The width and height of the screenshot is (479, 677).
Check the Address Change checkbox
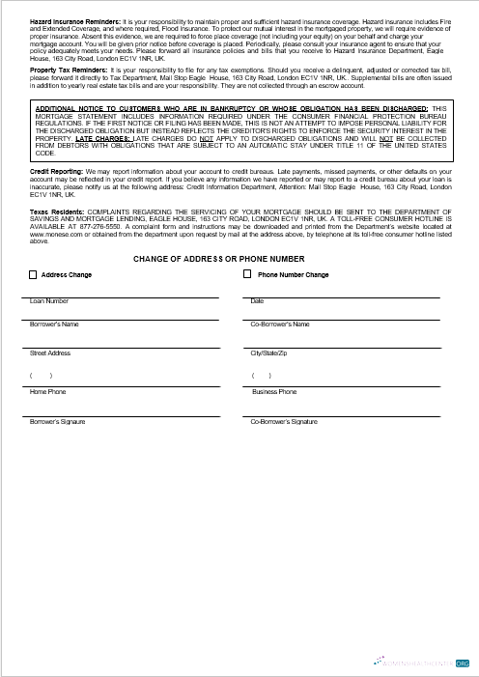click(x=33, y=274)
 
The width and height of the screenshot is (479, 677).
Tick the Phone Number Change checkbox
click(x=247, y=274)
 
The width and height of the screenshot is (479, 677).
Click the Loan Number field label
click(x=50, y=301)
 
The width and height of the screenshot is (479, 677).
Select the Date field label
click(x=257, y=301)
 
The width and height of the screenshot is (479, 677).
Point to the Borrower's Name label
click(x=54, y=324)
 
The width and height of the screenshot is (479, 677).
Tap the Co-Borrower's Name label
click(x=280, y=324)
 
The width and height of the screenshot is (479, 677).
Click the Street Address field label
click(x=50, y=353)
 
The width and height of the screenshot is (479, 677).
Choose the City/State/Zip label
click(x=269, y=353)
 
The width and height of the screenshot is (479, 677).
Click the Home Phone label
click(x=47, y=392)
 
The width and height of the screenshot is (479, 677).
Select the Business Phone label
click(x=274, y=392)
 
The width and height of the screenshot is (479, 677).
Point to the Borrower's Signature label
click(x=58, y=422)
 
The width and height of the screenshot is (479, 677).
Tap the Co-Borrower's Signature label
click(x=284, y=422)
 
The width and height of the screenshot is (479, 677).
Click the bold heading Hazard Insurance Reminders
click(x=75, y=20)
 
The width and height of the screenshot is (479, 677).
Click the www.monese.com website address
click(x=54, y=235)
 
